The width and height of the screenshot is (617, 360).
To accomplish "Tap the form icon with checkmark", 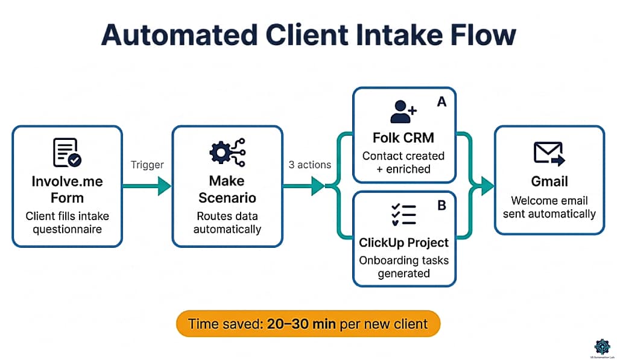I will pyautogui.click(x=67, y=153).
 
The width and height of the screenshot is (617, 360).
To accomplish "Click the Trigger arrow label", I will pyautogui.click(x=147, y=165).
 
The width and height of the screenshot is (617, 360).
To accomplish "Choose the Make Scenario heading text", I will pyautogui.click(x=227, y=189).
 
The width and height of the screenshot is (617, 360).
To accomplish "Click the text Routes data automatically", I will pyautogui.click(x=227, y=223).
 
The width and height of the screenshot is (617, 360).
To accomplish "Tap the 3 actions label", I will pyautogui.click(x=309, y=165).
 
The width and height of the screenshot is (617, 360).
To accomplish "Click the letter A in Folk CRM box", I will pyautogui.click(x=441, y=102).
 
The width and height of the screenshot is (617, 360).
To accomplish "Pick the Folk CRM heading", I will pyautogui.click(x=404, y=137).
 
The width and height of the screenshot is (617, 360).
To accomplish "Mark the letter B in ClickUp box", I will pyautogui.click(x=441, y=206).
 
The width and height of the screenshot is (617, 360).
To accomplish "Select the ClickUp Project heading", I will pyautogui.click(x=404, y=242).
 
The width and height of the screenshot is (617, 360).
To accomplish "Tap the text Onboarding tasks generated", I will pyautogui.click(x=404, y=267).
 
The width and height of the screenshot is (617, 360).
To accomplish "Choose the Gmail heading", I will pyautogui.click(x=549, y=182).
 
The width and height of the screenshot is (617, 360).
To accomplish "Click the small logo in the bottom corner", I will pyautogui.click(x=602, y=346).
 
